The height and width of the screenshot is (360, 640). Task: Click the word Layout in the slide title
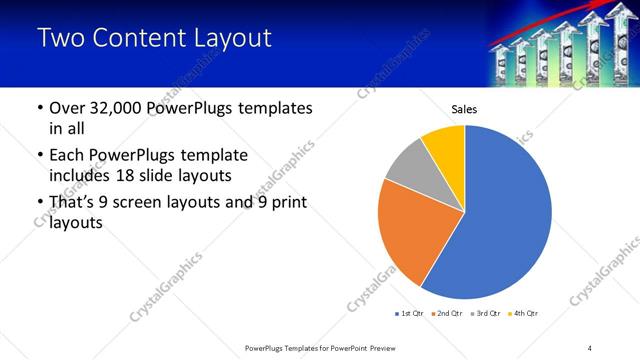point(228,39)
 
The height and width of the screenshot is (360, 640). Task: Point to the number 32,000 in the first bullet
point(110,108)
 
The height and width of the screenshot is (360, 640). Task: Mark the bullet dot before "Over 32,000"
point(39,108)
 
